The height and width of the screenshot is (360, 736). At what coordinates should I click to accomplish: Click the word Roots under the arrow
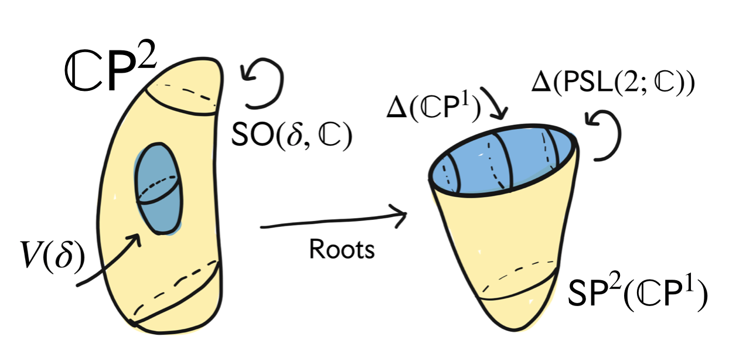coord(342,250)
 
